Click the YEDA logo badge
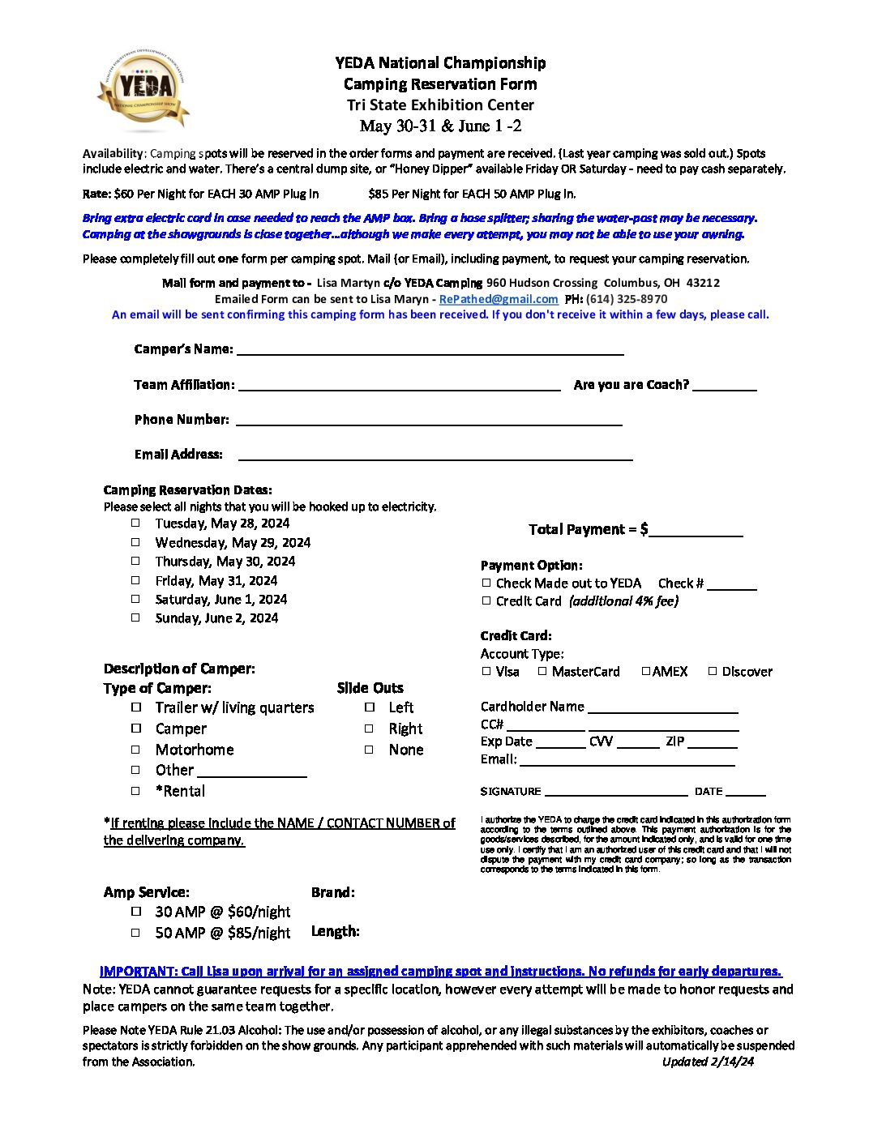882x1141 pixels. point(144,88)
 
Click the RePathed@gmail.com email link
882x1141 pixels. point(498,299)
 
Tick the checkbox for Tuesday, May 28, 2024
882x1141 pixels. point(136,523)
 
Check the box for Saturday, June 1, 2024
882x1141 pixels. point(136,599)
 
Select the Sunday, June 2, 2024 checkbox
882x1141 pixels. point(136,618)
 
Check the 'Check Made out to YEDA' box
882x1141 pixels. point(486,583)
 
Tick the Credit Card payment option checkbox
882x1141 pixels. point(486,600)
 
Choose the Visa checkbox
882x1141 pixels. point(486,671)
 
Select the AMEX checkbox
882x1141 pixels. point(646,671)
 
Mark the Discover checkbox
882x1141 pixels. point(713,671)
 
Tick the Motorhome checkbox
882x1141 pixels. point(136,750)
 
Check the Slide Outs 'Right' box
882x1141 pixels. point(369,729)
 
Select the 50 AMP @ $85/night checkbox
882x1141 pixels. point(136,933)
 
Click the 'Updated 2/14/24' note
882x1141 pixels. point(708,1062)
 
